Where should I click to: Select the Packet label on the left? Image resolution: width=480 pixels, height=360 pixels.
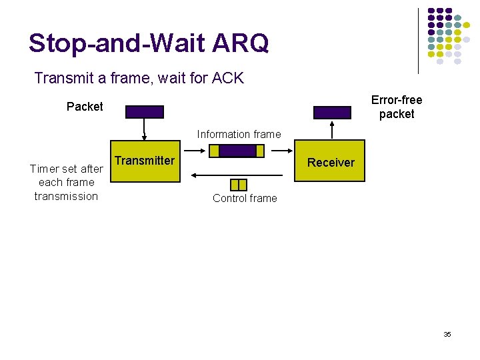tap(85, 107)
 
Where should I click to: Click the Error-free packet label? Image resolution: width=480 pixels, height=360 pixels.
tap(397, 107)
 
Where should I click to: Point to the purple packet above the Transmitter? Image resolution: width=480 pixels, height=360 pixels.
tap(144, 112)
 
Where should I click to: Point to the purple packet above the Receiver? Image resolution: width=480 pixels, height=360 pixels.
tap(332, 112)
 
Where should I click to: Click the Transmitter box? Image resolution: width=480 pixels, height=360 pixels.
tap(144, 161)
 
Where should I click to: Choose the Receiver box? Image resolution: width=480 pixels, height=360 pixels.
tap(331, 161)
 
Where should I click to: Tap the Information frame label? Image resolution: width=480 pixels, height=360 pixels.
tap(239, 134)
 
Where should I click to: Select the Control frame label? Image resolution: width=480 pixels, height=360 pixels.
tap(245, 198)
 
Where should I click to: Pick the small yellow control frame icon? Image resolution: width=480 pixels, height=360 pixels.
tap(238, 184)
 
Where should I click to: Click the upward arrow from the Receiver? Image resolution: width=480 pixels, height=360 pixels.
tap(332, 129)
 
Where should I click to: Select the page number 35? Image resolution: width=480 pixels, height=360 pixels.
tap(447, 334)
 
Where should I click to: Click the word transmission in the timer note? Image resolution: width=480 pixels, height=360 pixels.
tap(66, 196)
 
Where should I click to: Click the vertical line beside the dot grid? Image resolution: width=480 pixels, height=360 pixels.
tap(419, 40)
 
